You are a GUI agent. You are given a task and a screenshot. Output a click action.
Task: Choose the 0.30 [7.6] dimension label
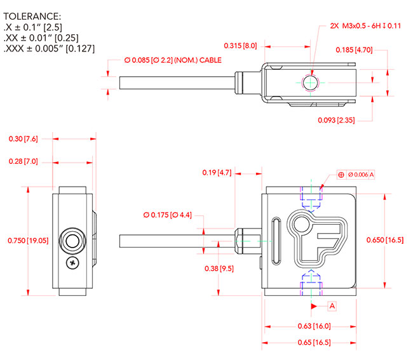pyautogui.click(x=23, y=138)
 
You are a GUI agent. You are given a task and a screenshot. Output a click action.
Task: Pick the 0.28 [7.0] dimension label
pyautogui.click(x=23, y=162)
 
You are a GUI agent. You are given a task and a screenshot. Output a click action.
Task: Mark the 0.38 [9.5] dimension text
pyautogui.click(x=219, y=269)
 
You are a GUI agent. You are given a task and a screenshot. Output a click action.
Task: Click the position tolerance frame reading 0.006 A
pyautogui.click(x=356, y=174)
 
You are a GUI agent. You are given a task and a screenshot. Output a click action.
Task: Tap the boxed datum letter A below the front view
pyautogui.click(x=332, y=306)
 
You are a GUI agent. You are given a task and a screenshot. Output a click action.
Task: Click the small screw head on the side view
pyautogui.click(x=73, y=262)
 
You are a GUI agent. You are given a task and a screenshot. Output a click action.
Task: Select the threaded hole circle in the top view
pyautogui.click(x=311, y=82)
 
